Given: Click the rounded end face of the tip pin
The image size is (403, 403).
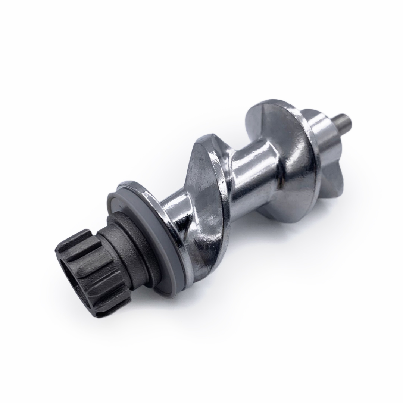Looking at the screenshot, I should pos(351,120).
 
